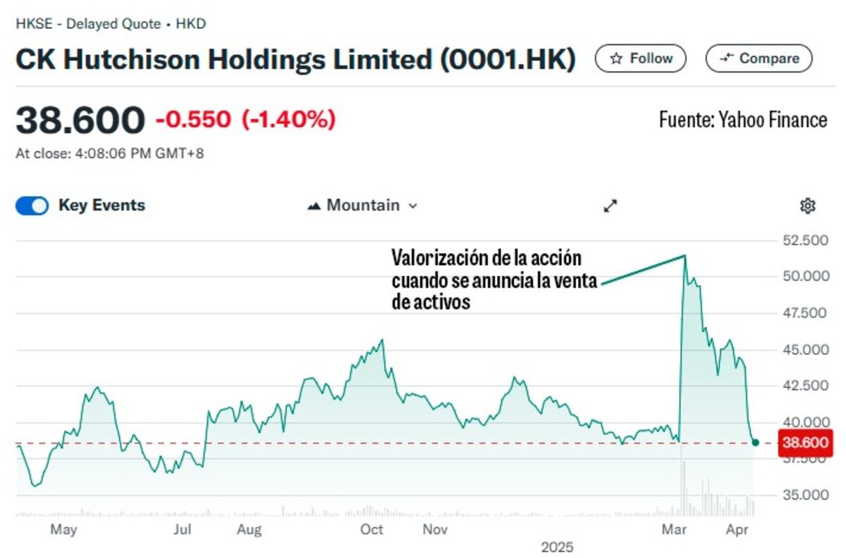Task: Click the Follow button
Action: (x=640, y=58)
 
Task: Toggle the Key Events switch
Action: (x=32, y=206)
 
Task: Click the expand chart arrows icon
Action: (x=611, y=206)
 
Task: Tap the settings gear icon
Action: (x=807, y=206)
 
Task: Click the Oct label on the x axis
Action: (x=372, y=530)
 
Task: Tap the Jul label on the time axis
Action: (x=183, y=530)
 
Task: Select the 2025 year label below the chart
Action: (x=557, y=547)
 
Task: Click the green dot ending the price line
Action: (x=755, y=442)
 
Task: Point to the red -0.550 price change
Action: (x=193, y=120)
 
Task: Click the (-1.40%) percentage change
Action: (x=288, y=120)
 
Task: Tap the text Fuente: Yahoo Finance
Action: (x=743, y=120)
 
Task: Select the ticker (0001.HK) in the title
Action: (x=508, y=60)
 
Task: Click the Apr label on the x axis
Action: (x=737, y=530)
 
